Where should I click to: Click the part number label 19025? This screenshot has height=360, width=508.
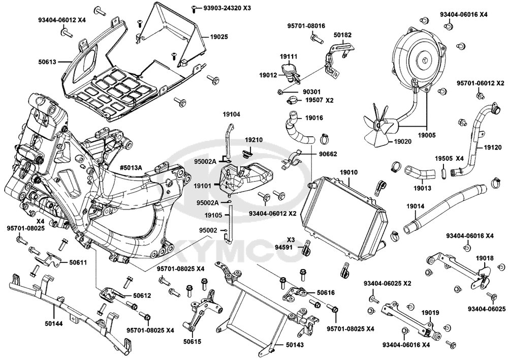(218, 37)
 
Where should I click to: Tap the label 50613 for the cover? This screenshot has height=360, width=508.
(47, 62)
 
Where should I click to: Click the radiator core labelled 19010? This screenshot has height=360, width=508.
(344, 217)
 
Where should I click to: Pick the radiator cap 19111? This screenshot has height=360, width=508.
(288, 69)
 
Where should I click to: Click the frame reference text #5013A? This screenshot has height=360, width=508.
(131, 168)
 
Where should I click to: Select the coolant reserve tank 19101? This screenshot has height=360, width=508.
(245, 179)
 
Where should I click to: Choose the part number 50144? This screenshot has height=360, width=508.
(53, 323)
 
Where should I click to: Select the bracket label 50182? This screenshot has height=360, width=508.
(343, 35)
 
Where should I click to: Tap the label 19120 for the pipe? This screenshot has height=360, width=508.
(493, 147)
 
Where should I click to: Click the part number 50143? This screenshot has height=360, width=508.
(295, 344)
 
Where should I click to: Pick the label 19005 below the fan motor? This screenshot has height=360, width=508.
(427, 135)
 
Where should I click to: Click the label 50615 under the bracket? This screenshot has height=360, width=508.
(192, 341)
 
